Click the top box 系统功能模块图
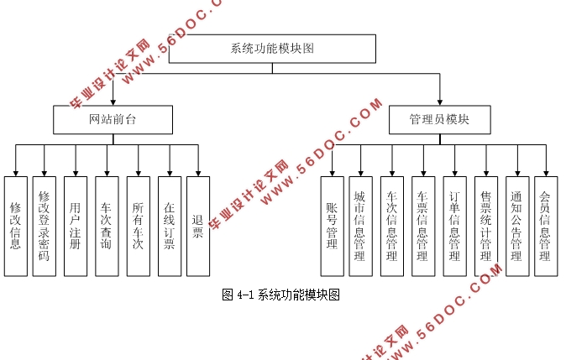coord(271,49)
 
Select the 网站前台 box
coord(113,120)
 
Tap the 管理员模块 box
coord(439,120)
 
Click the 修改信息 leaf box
coord(15,226)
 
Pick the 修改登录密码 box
coord(45,226)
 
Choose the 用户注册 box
coord(76,226)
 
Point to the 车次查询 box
coord(107,226)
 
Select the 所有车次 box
coord(139,226)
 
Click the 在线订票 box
coord(169,226)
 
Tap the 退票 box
coord(198,226)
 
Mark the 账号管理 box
coord(332,226)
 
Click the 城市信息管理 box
coord(361,226)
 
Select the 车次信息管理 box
coord(391,226)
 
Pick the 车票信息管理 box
coord(423,226)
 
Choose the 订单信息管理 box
coord(454,226)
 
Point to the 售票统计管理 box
coord(485,226)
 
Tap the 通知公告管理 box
coord(516,226)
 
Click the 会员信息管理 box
coord(546,226)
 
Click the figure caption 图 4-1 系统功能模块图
coord(280,295)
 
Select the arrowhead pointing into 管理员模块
coord(439,102)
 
